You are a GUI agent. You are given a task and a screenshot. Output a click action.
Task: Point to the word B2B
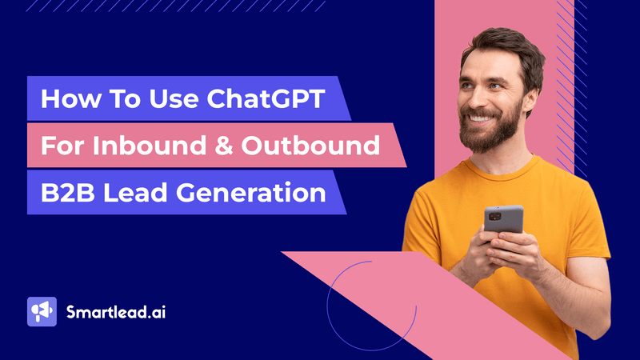point(66,194)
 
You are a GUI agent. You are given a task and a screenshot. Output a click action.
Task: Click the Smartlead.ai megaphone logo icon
point(42,311)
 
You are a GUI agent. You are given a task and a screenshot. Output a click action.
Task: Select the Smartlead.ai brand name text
point(116,311)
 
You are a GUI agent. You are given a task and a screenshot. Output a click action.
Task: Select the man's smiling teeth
point(480,118)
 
